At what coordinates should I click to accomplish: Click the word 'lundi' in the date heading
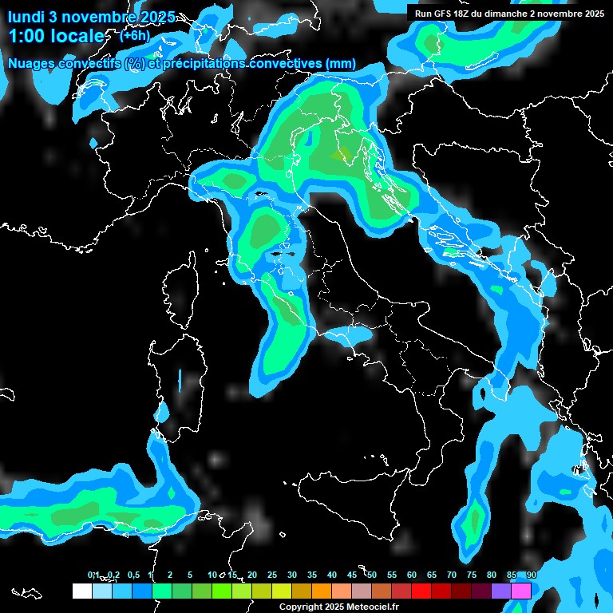coord(26,16)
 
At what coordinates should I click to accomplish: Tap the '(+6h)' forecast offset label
coord(134,36)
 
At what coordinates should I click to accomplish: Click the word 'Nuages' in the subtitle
coord(32,64)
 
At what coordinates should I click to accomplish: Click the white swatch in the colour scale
coord(81,591)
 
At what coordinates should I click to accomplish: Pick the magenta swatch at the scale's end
coord(521,591)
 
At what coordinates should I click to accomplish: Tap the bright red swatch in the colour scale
coord(421,591)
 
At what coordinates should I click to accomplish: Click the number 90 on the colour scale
coord(531,575)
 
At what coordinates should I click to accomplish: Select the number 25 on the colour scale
coord(272,575)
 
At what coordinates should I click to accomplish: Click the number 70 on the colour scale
coord(452,575)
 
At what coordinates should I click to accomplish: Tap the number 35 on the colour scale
coord(312,575)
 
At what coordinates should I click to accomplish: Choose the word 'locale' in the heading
coord(77,37)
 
